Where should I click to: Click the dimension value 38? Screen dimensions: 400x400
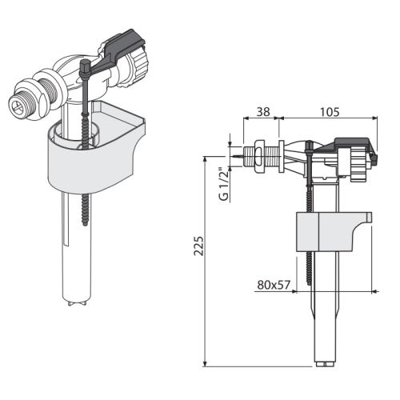(263, 112)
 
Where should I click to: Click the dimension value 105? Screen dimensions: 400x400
(330, 112)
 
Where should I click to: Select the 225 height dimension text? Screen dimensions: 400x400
(198, 246)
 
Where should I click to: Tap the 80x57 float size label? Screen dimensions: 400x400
(274, 285)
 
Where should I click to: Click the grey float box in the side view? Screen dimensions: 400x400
(334, 231)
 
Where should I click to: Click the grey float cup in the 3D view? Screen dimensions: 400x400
(96, 150)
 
